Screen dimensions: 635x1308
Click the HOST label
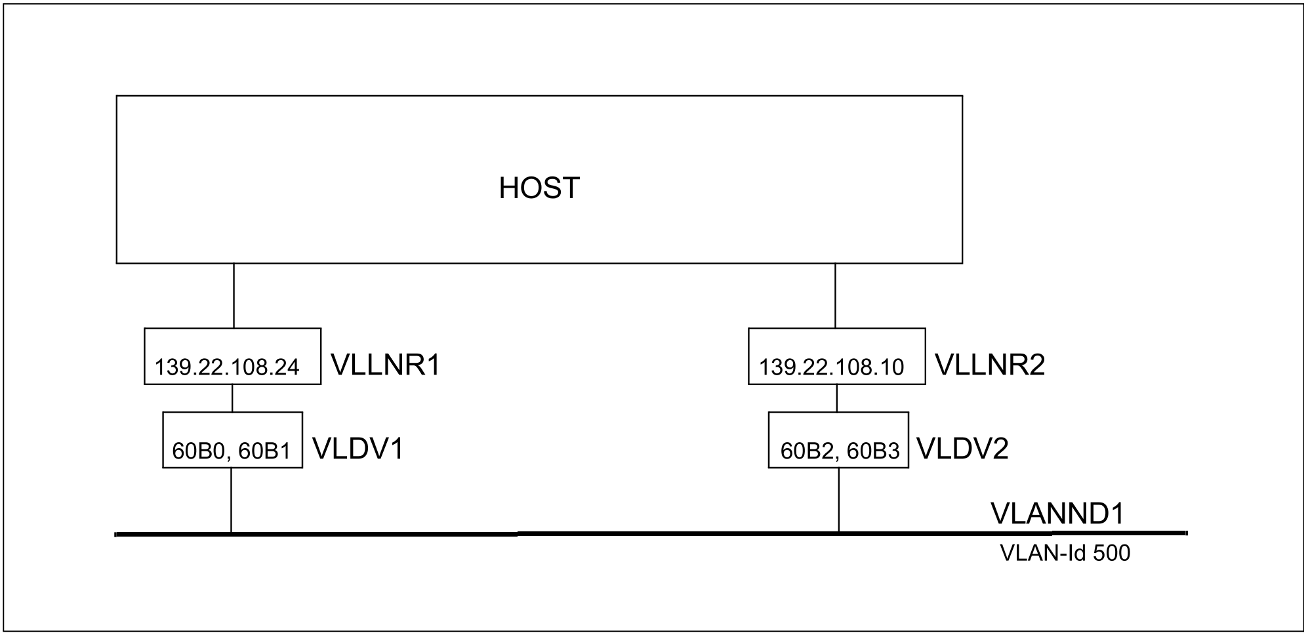pos(539,188)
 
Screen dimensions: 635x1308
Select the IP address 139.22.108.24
pos(227,367)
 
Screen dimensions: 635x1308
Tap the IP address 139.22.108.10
pos(831,367)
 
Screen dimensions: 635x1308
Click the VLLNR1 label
pos(385,365)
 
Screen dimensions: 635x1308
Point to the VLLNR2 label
pos(989,365)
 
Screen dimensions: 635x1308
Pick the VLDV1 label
pos(358,449)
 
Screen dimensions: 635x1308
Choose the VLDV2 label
pos(962,449)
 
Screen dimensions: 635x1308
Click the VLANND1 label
pos(1057,514)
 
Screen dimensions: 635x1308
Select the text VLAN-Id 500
pos(1065,554)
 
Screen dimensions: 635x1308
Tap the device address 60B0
pos(198,451)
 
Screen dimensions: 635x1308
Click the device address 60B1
pos(264,451)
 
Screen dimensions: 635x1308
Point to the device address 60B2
pos(806,451)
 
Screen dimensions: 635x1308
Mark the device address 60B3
pos(873,451)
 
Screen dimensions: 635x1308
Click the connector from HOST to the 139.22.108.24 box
pos(234,296)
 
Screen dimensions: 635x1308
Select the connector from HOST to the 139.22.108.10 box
pos(835,296)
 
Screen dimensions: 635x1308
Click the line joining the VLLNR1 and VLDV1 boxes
pos(232,398)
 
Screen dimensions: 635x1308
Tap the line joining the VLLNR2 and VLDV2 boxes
pos(836,398)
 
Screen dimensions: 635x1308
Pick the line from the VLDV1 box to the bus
pos(231,500)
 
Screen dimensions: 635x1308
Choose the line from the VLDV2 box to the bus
pos(838,500)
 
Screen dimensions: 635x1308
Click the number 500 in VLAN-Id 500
pos(1112,554)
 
